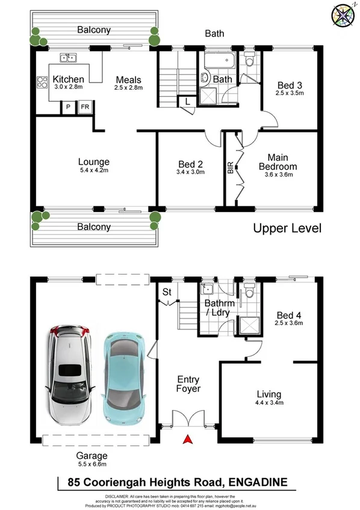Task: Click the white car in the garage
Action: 69,377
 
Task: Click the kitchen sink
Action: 67,58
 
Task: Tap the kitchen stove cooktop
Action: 42,83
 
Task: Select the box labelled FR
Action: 85,107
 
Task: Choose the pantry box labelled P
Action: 68,107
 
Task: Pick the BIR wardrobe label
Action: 231,168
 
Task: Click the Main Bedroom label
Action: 278,162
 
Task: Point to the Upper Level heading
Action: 287,228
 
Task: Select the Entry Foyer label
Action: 188,384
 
